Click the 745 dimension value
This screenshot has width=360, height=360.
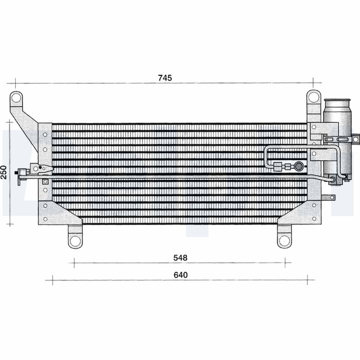pos(165,78)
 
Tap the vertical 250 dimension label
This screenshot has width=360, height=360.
pos(4,172)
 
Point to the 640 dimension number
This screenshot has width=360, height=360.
pos(179,274)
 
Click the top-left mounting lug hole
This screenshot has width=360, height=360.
pos(16,97)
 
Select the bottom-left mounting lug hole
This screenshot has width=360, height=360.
pos(76,240)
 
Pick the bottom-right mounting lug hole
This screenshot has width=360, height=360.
pos(283,240)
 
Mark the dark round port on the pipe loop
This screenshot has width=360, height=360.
pos(297,166)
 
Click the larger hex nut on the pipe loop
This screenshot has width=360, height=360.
pos(279,166)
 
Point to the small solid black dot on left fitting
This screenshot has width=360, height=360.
pos(40,167)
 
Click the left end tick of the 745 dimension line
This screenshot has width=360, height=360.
pos(15,83)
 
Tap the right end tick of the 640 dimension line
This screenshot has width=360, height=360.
pos(307,280)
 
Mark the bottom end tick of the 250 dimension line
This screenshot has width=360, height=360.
pos(12,224)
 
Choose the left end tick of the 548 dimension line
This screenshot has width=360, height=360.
pos(74,263)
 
